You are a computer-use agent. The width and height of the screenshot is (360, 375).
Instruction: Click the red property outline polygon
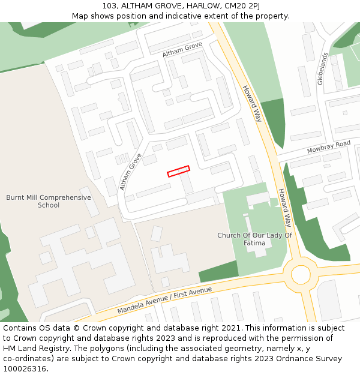178,171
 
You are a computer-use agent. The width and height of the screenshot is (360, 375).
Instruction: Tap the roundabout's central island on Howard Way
301,275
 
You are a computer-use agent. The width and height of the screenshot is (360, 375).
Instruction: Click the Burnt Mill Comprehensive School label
49,201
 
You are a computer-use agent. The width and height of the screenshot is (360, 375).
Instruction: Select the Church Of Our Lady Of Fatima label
254,239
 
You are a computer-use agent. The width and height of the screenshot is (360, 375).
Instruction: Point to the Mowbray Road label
328,147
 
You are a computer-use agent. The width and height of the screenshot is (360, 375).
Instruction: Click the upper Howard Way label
252,103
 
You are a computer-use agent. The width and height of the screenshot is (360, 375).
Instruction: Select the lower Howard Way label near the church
284,208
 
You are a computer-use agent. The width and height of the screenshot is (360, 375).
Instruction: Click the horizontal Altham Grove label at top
182,50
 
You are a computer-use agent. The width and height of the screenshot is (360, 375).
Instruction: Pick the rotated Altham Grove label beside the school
130,172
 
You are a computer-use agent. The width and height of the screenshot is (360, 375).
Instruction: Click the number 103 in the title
110,5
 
